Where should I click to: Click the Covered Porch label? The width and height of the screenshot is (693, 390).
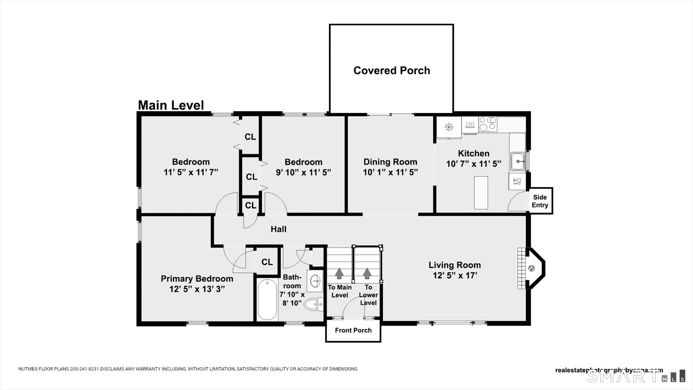pyautogui.click(x=392, y=70)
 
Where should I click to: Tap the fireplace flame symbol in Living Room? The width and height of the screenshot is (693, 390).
pyautogui.click(x=531, y=268)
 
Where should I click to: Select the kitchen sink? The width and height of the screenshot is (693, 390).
pyautogui.click(x=518, y=162)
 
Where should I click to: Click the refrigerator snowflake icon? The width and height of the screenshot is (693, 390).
pyautogui.click(x=449, y=127)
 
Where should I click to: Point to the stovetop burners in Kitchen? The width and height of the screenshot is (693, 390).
pyautogui.click(x=488, y=124)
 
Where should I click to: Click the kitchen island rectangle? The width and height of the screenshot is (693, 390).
pyautogui.click(x=481, y=193)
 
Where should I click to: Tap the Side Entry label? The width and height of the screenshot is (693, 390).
pyautogui.click(x=540, y=201)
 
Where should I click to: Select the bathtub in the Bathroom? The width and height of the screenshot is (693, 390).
pyautogui.click(x=267, y=300)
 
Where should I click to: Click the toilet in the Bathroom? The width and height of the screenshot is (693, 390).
pyautogui.click(x=313, y=305)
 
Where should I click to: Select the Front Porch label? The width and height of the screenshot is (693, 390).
pyautogui.click(x=353, y=330)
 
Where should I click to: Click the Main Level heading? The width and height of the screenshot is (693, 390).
pyautogui.click(x=171, y=105)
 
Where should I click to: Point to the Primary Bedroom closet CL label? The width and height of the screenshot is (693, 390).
pyautogui.click(x=267, y=262)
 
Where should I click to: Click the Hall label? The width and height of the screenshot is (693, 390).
pyautogui.click(x=278, y=229)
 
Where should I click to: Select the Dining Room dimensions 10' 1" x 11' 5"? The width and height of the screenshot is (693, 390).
pyautogui.click(x=390, y=172)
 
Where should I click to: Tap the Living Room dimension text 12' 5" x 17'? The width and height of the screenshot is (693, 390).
pyautogui.click(x=455, y=275)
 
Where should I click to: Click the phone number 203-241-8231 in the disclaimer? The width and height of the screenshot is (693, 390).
pyautogui.click(x=85, y=369)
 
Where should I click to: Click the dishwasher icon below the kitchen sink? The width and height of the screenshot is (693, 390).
pyautogui.click(x=517, y=181)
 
